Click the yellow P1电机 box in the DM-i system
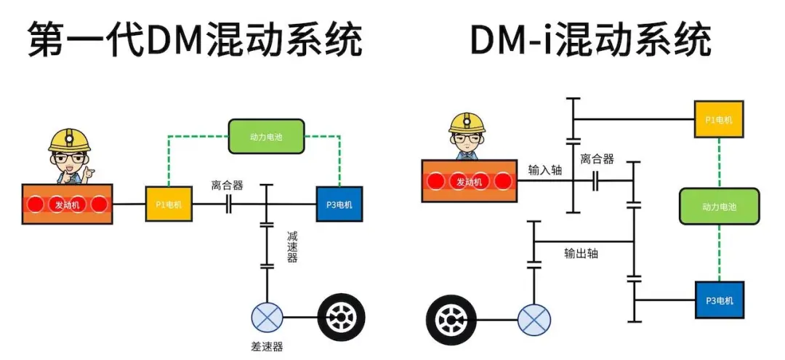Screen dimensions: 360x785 click(719, 119)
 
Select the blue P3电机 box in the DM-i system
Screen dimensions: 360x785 click(719, 300)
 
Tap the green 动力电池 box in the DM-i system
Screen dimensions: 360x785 click(719, 206)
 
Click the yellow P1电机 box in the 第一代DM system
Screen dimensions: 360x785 click(169, 204)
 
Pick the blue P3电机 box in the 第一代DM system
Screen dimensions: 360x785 click(339, 204)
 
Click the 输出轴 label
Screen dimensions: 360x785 click(581, 254)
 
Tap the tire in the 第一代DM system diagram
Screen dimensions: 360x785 click(342, 317)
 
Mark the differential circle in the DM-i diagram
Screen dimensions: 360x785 click(534, 319)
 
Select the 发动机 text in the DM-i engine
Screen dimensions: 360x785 click(469, 182)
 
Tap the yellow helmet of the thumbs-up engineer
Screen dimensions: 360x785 click(70, 140)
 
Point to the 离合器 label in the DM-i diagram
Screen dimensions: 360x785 click(597, 159)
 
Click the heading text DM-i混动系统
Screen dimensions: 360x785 click(590, 41)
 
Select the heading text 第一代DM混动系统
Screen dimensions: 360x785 click(195, 41)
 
